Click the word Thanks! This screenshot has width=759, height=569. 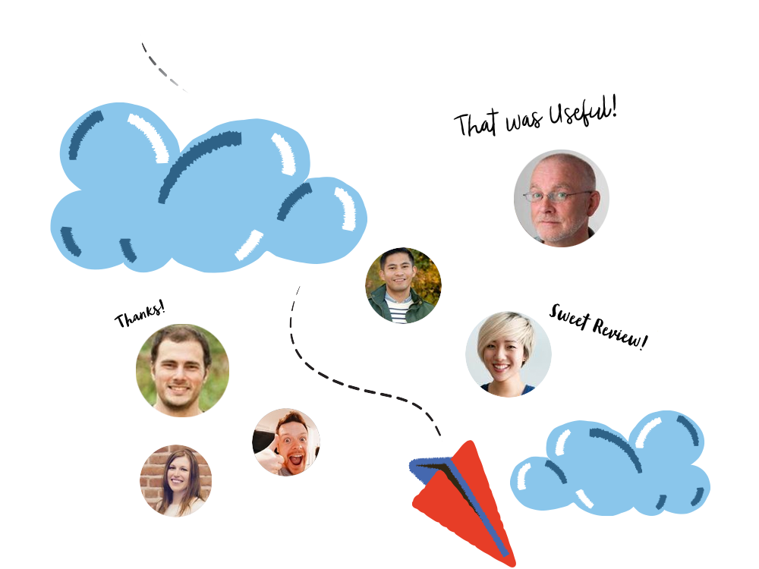coord(140,314)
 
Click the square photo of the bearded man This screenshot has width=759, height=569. coord(182,370)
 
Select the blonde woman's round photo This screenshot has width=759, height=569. coord(509,354)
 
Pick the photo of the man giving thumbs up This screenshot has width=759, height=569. coord(286,442)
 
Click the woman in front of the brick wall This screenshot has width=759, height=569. coord(175,480)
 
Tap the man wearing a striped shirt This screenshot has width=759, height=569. coord(403,286)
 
